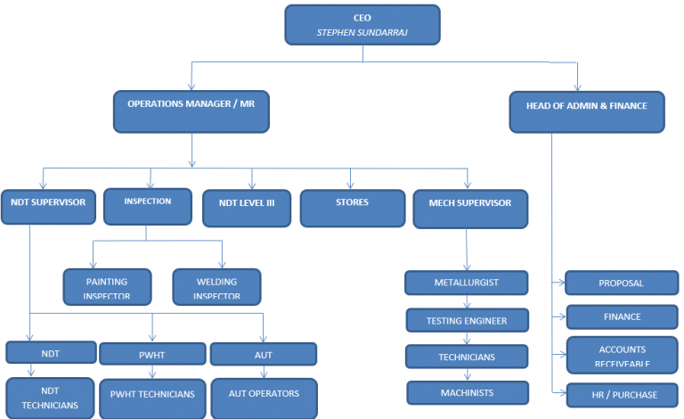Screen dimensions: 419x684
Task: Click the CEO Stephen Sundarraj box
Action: click(x=362, y=25)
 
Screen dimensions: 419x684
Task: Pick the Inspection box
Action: click(x=148, y=205)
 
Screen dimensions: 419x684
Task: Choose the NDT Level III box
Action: click(x=247, y=208)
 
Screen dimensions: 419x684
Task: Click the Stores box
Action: click(x=352, y=208)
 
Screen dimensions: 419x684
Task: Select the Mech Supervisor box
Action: click(x=470, y=208)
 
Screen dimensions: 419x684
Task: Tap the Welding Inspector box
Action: click(x=216, y=287)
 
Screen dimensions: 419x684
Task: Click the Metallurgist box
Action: click(x=467, y=283)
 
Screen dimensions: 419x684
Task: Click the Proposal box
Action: click(x=621, y=283)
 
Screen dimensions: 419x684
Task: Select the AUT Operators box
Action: click(x=264, y=398)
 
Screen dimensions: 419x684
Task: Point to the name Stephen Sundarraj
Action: click(x=362, y=33)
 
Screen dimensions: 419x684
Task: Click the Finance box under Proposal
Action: click(x=621, y=317)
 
